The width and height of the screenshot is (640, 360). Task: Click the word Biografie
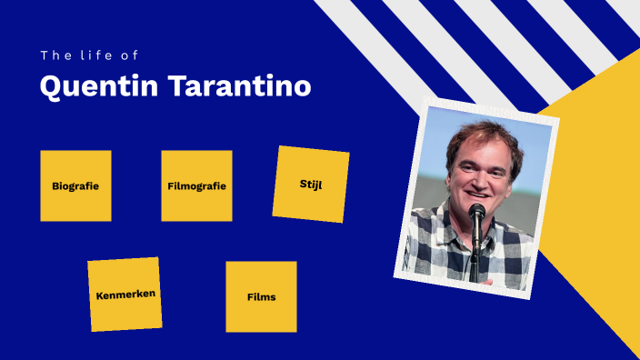[75, 186]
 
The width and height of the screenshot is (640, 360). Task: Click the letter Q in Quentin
[51, 86]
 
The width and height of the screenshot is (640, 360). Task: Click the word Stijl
[311, 185]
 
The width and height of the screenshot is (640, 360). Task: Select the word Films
[261, 297]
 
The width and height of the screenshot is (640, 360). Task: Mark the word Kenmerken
[125, 295]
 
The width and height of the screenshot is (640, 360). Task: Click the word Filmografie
[196, 186]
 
